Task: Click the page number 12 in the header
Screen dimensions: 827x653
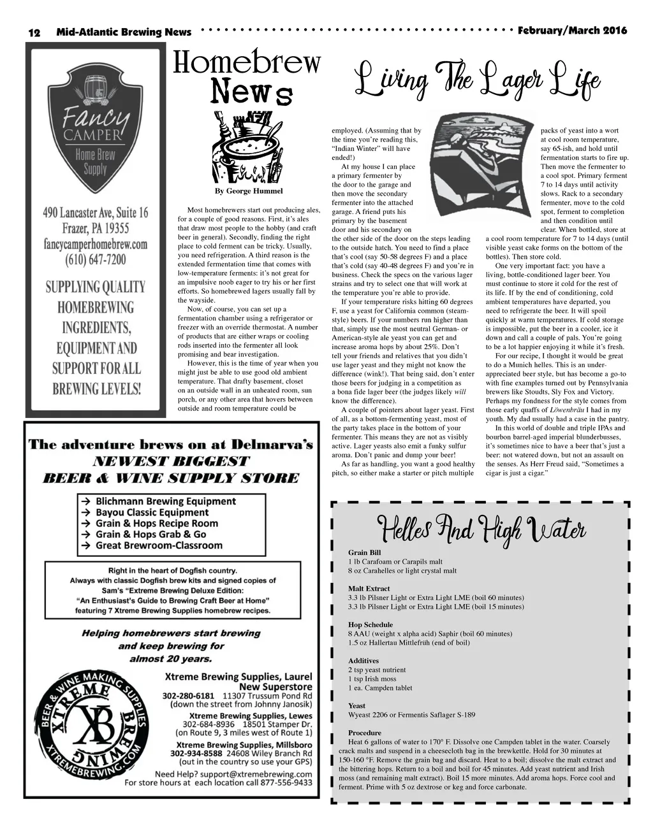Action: click(34, 32)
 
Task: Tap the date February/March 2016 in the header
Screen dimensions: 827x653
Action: click(572, 31)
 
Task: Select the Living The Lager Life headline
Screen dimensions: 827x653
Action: click(477, 81)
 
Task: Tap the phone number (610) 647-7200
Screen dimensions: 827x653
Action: click(95, 260)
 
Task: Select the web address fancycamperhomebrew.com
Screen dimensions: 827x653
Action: click(96, 244)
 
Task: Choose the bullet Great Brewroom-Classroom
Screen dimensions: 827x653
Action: click(159, 545)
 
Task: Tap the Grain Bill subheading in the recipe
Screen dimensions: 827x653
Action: click(364, 552)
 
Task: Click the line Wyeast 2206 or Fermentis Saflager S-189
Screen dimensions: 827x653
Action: click(411, 715)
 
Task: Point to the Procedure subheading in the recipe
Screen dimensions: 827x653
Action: click(364, 733)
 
